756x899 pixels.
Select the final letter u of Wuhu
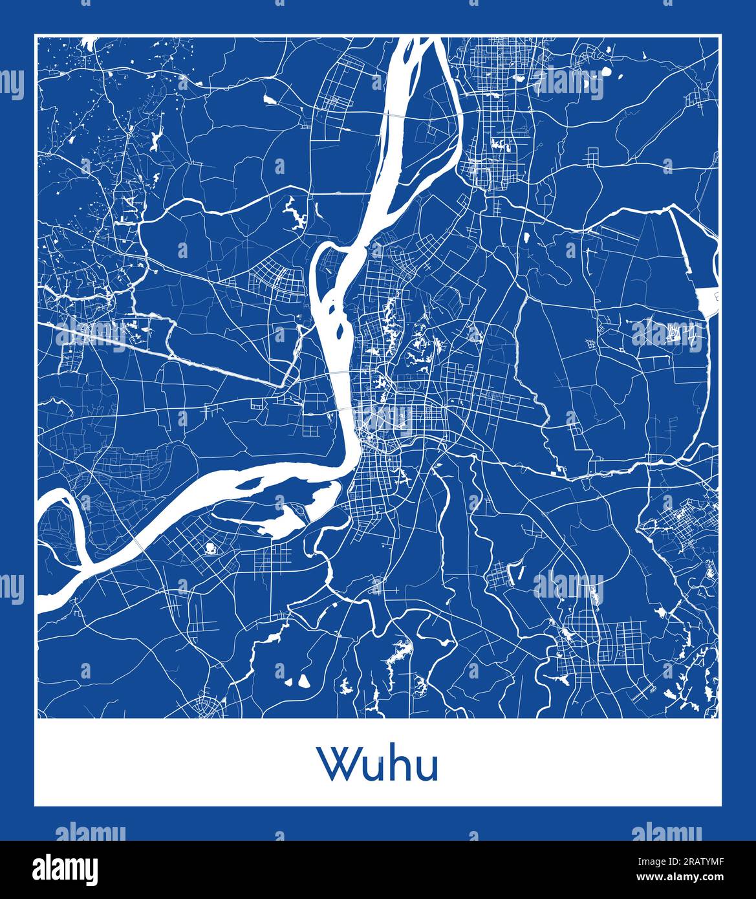pyautogui.click(x=427, y=768)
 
